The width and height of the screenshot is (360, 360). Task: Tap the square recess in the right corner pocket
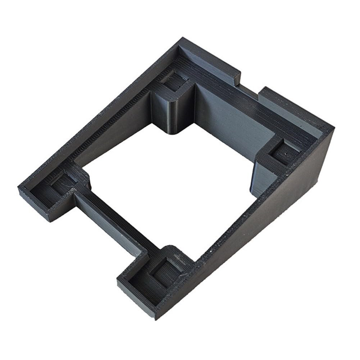[284, 151]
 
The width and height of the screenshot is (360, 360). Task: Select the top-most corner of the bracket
[183, 38]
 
